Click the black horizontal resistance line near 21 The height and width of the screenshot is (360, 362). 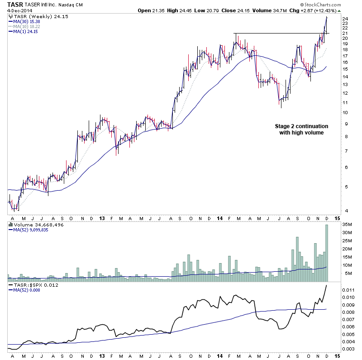point(281,33)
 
